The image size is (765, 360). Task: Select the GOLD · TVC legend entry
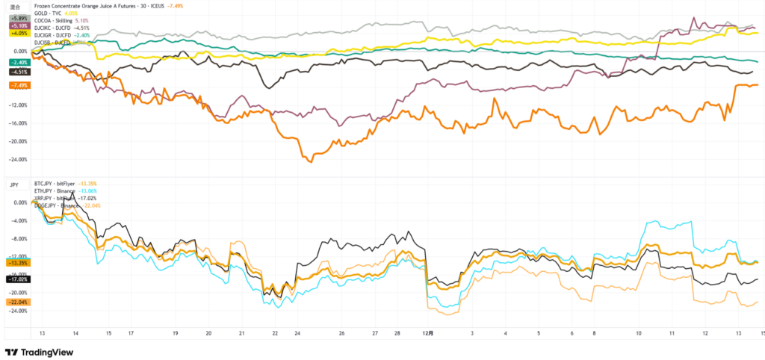51,13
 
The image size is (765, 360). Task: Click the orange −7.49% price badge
19,86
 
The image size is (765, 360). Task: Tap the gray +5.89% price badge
19,17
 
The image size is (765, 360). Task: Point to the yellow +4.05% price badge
19,34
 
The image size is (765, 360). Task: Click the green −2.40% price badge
19,62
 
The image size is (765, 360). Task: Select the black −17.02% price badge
19,279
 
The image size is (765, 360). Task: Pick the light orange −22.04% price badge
19,302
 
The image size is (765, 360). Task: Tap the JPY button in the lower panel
13,184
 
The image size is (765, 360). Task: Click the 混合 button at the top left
13,6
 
